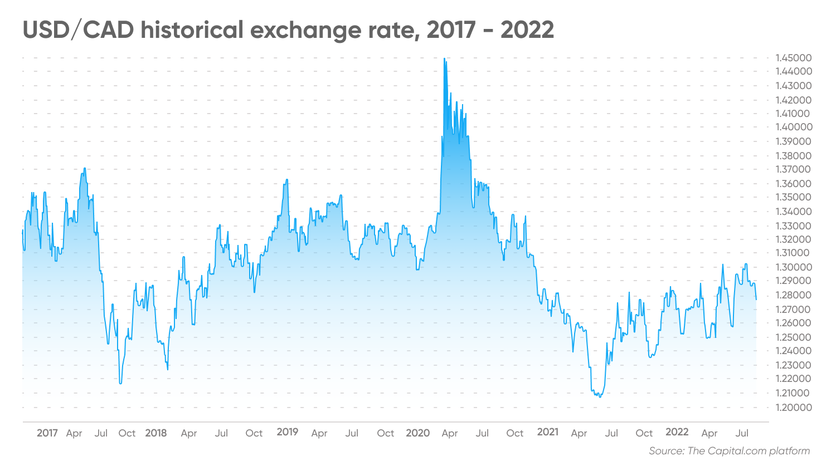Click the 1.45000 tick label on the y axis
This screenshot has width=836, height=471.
click(x=794, y=58)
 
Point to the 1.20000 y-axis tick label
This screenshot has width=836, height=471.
click(x=794, y=408)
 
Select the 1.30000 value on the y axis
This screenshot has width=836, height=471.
click(x=794, y=267)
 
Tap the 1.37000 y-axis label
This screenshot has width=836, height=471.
click(x=794, y=169)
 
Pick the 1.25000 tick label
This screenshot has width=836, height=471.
click(x=794, y=337)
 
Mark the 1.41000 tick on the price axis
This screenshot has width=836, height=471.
click(x=794, y=114)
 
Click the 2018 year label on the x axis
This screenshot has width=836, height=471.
click(x=156, y=433)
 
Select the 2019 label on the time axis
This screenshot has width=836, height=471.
click(x=288, y=432)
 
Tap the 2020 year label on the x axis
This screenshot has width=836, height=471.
click(x=418, y=433)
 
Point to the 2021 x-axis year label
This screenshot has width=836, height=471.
click(x=548, y=432)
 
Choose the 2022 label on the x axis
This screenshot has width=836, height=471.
click(x=677, y=432)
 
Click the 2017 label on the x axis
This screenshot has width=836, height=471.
click(x=47, y=433)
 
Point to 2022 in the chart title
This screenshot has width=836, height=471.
click(x=527, y=30)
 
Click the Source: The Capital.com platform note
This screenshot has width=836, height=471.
click(x=729, y=451)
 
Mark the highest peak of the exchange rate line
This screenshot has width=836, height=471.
click(x=444, y=58)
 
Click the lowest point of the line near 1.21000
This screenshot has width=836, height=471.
click(x=600, y=397)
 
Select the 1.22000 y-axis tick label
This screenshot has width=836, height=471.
click(x=794, y=379)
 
